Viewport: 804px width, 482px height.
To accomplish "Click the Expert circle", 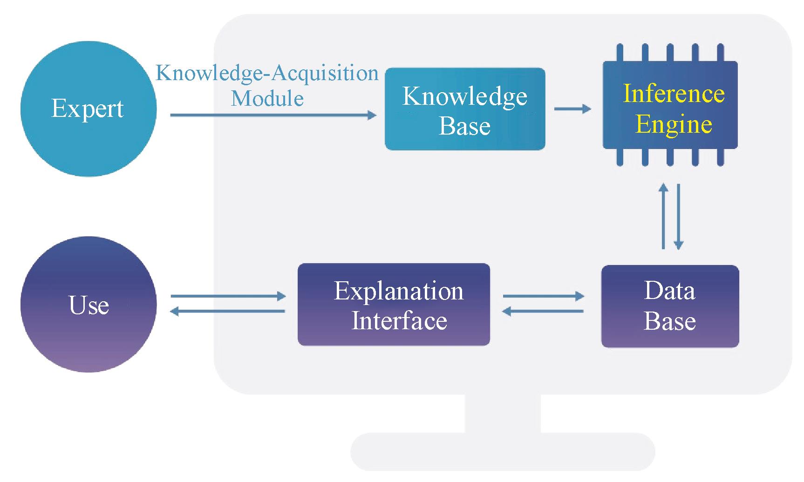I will (x=88, y=109).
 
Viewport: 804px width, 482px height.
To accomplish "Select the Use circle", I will (x=88, y=305).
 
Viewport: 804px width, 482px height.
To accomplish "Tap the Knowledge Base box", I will (x=464, y=109).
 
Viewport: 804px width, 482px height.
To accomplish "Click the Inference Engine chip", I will (x=670, y=105).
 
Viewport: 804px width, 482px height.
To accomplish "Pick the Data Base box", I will (x=670, y=306).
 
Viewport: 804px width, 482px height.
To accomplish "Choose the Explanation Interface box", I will (x=394, y=305).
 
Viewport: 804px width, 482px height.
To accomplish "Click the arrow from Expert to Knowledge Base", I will (x=273, y=115).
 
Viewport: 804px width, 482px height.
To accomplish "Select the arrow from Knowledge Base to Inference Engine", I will (x=572, y=109).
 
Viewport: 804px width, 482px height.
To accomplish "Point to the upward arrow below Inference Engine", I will (x=664, y=216).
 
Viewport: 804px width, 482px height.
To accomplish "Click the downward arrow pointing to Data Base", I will (x=678, y=216).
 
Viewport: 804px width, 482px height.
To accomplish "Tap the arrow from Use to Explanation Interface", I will (x=228, y=296).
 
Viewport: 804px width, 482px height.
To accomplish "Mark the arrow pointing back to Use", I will (x=228, y=311).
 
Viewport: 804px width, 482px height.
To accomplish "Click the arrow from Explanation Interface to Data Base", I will (x=543, y=296).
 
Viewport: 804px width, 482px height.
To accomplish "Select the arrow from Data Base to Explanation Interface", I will (x=543, y=311).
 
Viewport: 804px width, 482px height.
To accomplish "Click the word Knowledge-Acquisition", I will (x=267, y=73).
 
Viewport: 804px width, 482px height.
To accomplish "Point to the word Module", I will (x=267, y=98).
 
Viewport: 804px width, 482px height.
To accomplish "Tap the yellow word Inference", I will (x=674, y=93).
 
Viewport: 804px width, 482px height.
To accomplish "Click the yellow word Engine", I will (x=674, y=124).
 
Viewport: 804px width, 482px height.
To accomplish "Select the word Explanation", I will (x=399, y=291).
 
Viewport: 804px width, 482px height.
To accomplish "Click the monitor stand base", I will (x=503, y=451).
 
